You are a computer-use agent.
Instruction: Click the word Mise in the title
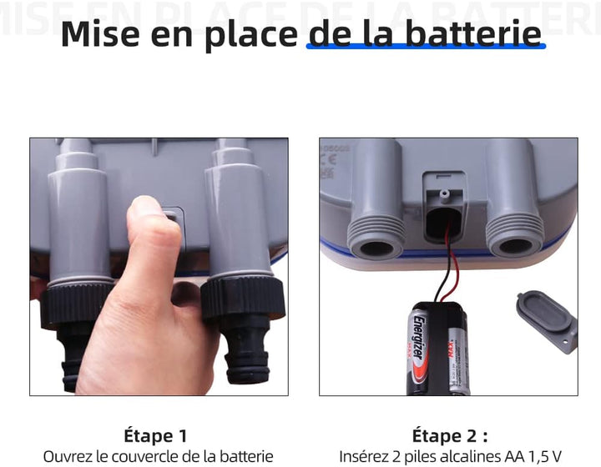tap(100, 33)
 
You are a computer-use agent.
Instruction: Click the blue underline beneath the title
tap(426, 47)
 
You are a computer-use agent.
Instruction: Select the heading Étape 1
tap(155, 435)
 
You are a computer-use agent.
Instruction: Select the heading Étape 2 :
tap(450, 435)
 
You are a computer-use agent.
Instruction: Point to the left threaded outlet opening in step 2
tap(376, 248)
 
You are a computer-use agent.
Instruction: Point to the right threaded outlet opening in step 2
tap(516, 246)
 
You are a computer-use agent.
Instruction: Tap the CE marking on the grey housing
tap(330, 159)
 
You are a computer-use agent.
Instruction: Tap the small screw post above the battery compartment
tap(444, 193)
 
